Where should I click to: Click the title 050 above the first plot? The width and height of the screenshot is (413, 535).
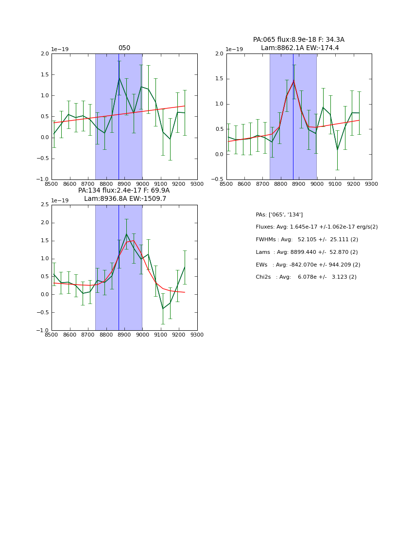point(124,48)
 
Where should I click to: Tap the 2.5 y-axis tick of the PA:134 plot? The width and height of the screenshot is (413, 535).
point(45,205)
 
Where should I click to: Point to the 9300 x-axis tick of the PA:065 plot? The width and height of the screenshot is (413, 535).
point(371,184)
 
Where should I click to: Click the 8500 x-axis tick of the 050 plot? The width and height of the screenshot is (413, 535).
point(52,184)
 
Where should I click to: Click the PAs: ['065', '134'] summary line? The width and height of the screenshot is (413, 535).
point(279,214)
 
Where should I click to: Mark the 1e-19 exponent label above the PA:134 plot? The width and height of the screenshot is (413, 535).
point(60,200)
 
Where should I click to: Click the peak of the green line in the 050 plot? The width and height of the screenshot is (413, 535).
point(119,78)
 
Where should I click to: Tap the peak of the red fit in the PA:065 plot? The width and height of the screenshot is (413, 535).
point(293,80)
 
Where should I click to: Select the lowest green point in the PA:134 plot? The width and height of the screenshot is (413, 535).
point(163,308)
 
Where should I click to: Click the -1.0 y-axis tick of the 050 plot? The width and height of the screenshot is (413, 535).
point(44,179)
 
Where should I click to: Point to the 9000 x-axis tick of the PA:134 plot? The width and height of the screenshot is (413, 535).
point(142,335)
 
